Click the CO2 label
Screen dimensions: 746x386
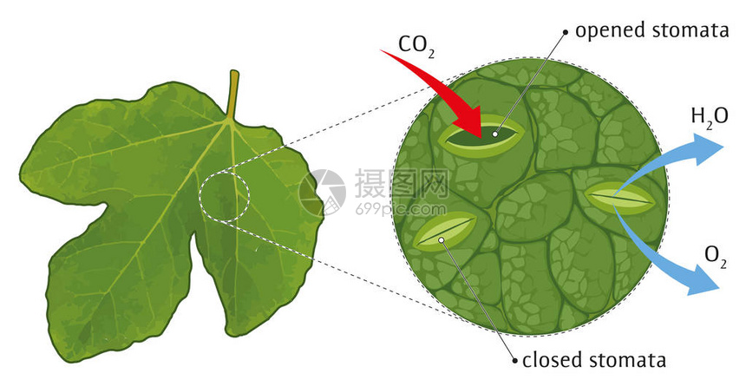click(416, 46)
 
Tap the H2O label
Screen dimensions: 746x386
click(709, 118)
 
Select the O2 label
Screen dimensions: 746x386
click(715, 257)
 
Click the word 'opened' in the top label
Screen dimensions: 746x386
click(611, 31)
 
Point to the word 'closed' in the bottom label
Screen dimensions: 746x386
click(552, 359)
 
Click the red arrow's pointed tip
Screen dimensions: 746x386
click(481, 138)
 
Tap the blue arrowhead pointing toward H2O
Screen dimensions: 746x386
click(708, 149)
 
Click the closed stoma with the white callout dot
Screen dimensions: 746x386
click(445, 232)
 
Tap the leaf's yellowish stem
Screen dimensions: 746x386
click(232, 95)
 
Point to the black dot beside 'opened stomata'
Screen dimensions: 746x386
click(566, 32)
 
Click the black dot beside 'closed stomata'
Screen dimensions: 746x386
click(514, 361)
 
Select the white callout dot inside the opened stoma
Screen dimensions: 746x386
click(495, 134)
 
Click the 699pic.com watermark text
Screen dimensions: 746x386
click(401, 209)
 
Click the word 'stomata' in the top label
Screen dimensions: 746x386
click(690, 30)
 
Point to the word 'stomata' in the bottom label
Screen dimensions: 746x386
click(626, 360)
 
